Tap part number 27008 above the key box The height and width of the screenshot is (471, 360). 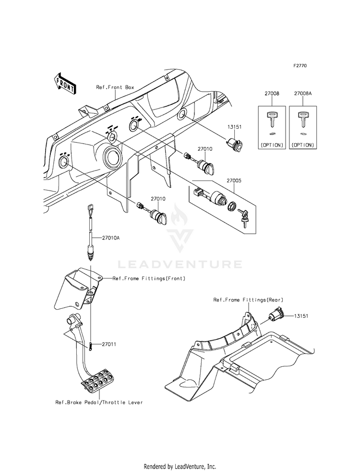pyautogui.click(x=271, y=95)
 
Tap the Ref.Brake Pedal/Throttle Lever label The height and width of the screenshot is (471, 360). pyautogui.click(x=99, y=402)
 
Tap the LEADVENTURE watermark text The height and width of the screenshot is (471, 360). pyautogui.click(x=180, y=264)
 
